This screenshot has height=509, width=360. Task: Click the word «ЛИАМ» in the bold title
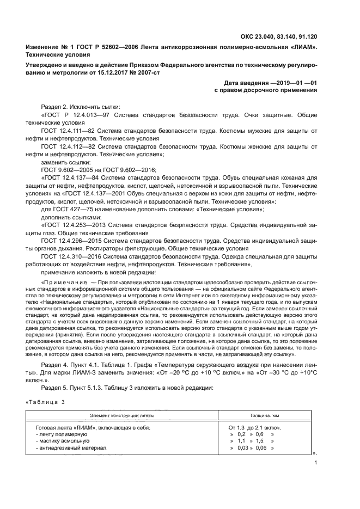pyautogui.click(x=300, y=48)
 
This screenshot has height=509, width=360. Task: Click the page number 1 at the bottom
pyautogui.click(x=316, y=463)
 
